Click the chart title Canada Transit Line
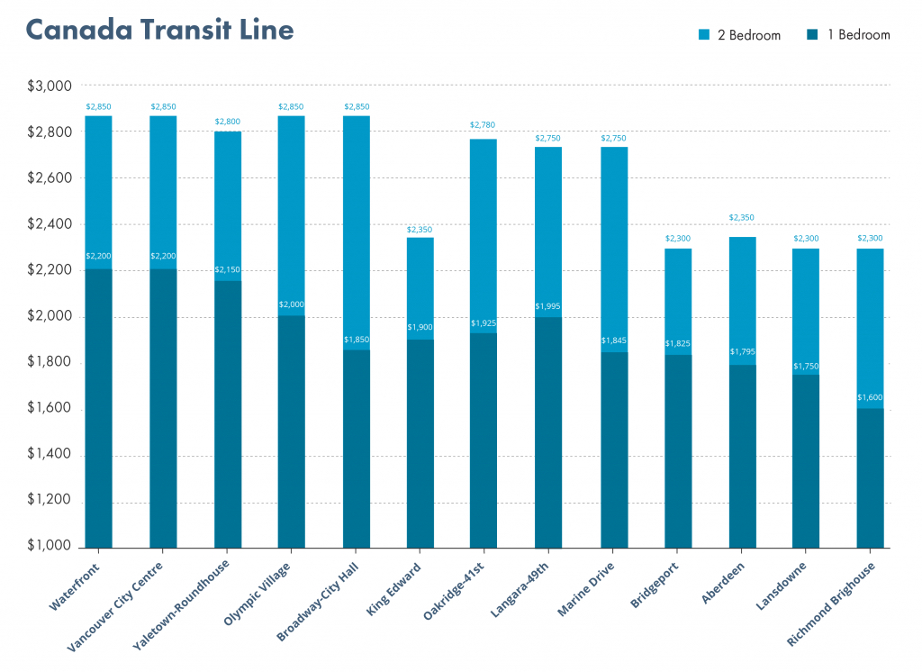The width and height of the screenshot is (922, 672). pos(160,30)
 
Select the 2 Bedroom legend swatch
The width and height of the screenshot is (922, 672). pos(705,35)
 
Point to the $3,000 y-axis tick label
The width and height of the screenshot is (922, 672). pos(50,86)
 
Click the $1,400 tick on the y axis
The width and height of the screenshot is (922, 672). pos(50,456)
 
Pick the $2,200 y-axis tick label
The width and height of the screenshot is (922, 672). pos(50,271)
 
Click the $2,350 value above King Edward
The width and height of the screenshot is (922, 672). pos(420,230)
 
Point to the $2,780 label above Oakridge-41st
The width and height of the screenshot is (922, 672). pos(483,124)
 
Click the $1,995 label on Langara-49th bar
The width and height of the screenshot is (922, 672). pos(547,306)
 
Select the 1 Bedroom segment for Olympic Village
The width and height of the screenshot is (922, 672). pos(292,432)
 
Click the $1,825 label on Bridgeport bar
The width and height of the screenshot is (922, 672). pos(677,344)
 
